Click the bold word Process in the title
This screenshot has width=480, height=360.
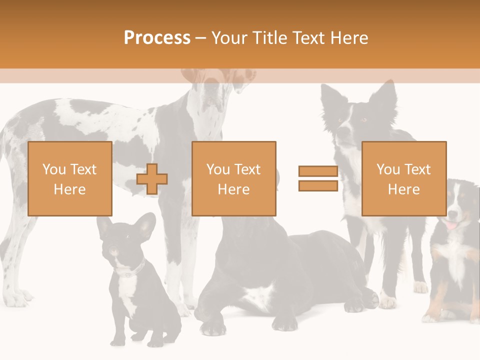point(157,38)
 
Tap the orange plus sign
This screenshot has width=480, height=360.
point(152,179)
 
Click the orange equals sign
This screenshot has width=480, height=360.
point(318,178)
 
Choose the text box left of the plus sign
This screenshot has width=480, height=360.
point(69,178)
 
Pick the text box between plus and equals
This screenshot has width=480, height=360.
point(233,178)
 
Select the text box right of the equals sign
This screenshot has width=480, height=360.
point(403,178)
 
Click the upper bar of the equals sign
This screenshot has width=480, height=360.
point(318,171)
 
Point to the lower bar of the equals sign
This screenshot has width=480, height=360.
point(318,185)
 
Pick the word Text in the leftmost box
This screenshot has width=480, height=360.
point(83,169)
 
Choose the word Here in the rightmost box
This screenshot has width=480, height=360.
point(403,189)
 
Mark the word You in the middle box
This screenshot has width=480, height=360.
point(218,169)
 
